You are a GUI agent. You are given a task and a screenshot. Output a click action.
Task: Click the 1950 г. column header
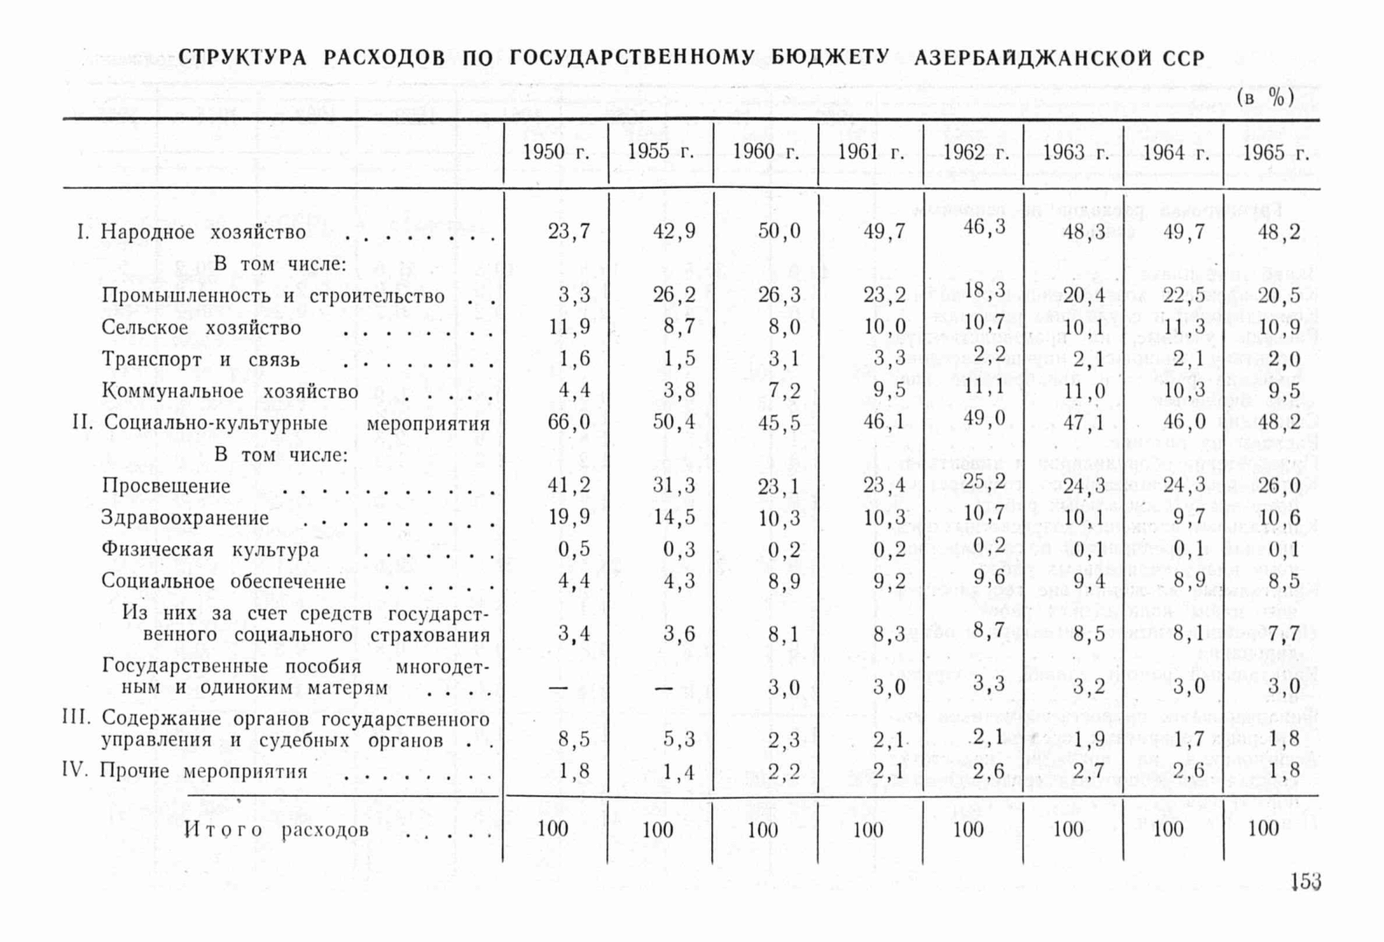[556, 152]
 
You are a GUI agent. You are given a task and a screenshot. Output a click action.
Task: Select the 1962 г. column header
[975, 152]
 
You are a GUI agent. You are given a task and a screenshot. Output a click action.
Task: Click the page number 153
[1304, 882]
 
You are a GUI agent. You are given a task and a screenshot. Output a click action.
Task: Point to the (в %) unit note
[1264, 98]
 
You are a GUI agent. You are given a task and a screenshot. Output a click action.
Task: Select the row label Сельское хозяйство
[201, 328]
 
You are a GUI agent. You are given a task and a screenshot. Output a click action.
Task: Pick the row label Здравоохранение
[185, 518]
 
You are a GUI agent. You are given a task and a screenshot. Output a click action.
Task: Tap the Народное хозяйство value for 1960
[778, 232]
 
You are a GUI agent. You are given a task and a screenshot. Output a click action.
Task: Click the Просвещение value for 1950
[569, 486]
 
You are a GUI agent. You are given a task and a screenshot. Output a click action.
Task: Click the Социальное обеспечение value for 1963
[1088, 581]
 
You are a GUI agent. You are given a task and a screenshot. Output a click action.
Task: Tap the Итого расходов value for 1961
[868, 829]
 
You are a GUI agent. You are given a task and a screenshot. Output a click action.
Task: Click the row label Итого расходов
[276, 830]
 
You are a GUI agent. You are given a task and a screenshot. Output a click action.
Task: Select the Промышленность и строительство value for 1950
[574, 295]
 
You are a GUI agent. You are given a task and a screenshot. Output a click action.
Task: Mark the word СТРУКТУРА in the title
[243, 58]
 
